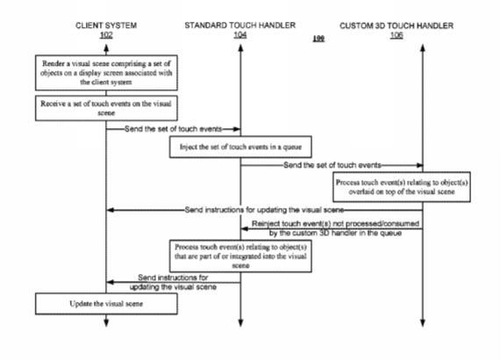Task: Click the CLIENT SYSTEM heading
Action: click(x=106, y=25)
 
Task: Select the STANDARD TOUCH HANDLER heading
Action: click(x=240, y=25)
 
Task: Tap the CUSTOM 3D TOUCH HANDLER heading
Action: click(x=396, y=25)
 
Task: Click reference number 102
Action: click(x=106, y=34)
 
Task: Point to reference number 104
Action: click(x=240, y=34)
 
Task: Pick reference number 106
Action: click(x=396, y=35)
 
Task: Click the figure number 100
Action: click(x=318, y=39)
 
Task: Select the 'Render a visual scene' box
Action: click(x=106, y=73)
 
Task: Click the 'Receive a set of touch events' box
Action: click(x=106, y=108)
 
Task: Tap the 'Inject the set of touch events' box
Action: click(x=240, y=147)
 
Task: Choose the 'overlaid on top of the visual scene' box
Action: click(x=402, y=187)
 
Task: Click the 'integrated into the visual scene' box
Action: click(x=240, y=256)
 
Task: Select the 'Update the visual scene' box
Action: click(x=106, y=304)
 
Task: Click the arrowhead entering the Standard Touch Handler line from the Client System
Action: click(x=237, y=129)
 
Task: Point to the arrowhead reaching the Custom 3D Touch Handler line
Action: click(x=418, y=165)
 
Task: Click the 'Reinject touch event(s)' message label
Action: click(x=335, y=228)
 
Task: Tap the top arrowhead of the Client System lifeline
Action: click(x=106, y=48)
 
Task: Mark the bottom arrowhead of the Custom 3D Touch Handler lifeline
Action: click(x=423, y=322)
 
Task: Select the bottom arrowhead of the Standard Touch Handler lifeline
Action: click(x=240, y=322)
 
